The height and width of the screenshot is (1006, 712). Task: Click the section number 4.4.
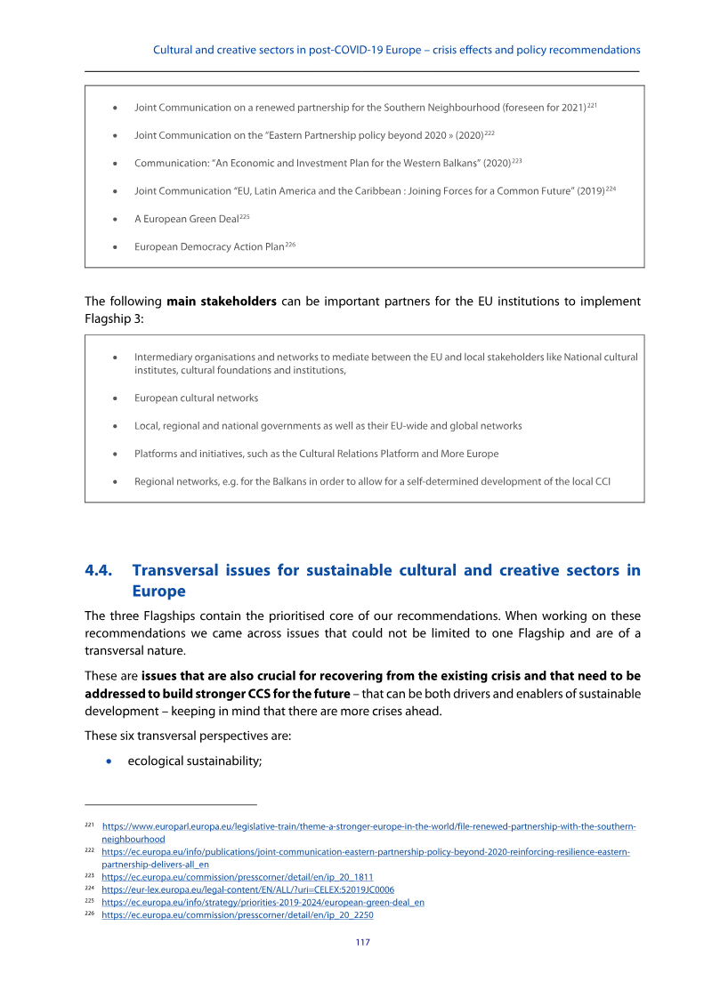100,571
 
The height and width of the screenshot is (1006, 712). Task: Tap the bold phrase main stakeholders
222,302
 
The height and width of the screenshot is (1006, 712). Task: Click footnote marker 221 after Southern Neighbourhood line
591,106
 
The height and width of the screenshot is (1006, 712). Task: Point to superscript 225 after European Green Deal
244,216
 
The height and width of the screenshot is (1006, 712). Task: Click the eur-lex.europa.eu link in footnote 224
248,889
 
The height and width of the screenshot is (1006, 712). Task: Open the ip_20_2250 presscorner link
238,914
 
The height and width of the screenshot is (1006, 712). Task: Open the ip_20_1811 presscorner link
238,876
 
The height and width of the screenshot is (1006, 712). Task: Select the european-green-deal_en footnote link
263,902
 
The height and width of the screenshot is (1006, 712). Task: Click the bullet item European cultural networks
196,398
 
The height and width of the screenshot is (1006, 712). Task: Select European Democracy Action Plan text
209,246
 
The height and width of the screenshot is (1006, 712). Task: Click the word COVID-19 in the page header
355,50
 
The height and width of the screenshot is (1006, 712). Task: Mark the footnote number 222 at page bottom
89,851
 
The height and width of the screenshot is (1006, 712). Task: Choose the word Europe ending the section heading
159,592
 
